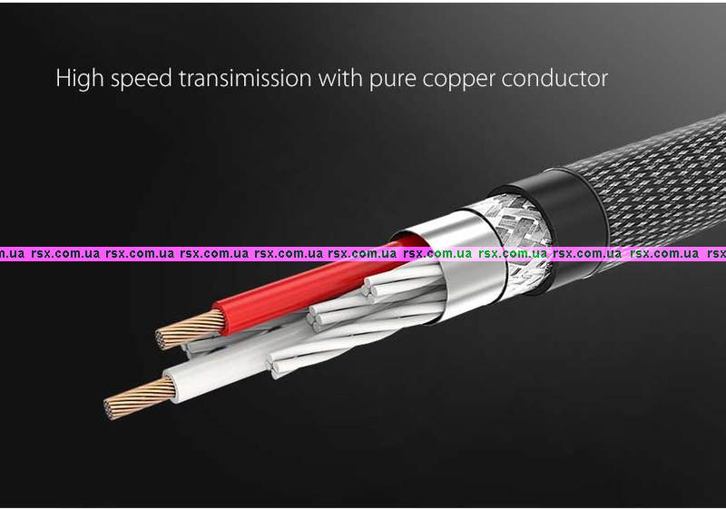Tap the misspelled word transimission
tap(246, 78)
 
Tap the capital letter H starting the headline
tap(64, 78)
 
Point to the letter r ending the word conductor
tap(603, 79)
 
